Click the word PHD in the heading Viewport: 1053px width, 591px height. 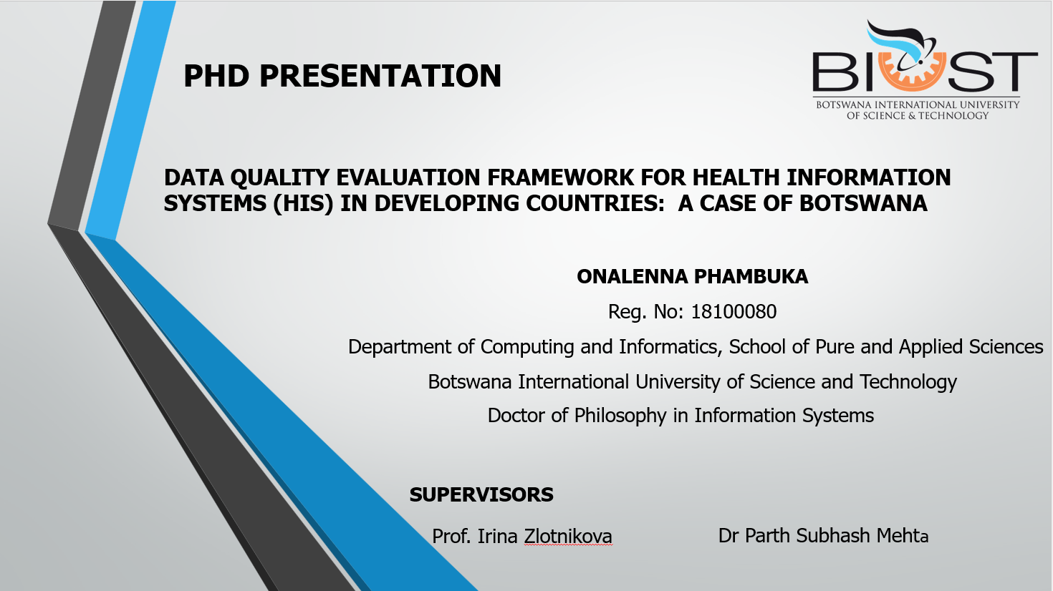(x=216, y=76)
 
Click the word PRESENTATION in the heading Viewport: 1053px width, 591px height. (x=380, y=76)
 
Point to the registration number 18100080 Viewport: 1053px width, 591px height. (x=734, y=312)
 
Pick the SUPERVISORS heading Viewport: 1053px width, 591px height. (x=481, y=495)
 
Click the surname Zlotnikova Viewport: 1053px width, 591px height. (x=568, y=536)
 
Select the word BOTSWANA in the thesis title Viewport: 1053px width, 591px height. (x=863, y=203)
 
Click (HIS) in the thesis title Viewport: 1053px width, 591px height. (x=303, y=204)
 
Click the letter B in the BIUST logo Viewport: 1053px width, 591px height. (x=835, y=72)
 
